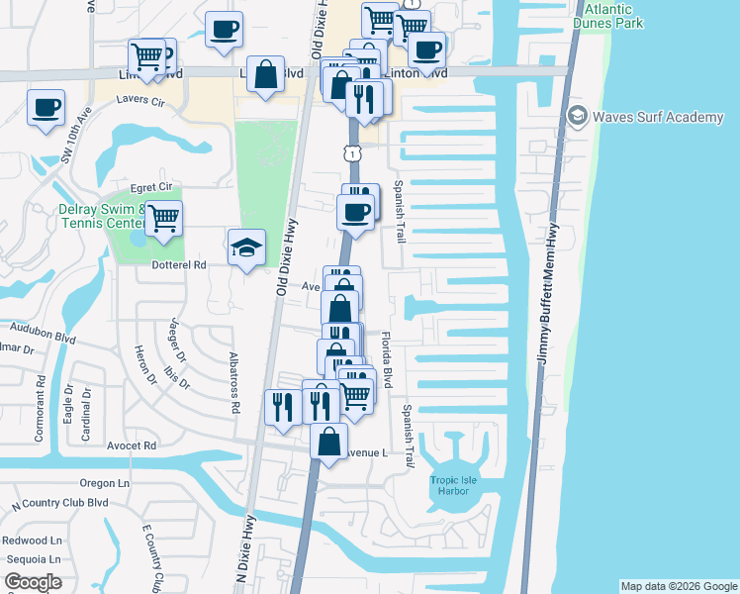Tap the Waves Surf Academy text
pyautogui.click(x=657, y=118)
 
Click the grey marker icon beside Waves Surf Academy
pyautogui.click(x=577, y=118)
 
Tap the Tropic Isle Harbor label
pyautogui.click(x=454, y=486)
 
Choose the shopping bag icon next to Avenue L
pyautogui.click(x=329, y=439)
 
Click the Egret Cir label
pyautogui.click(x=151, y=186)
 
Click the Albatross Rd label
pyautogui.click(x=234, y=380)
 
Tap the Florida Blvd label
pyautogui.click(x=388, y=358)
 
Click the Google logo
pyautogui.click(x=33, y=582)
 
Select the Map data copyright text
pyautogui.click(x=678, y=586)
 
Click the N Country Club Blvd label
pyautogui.click(x=58, y=504)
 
